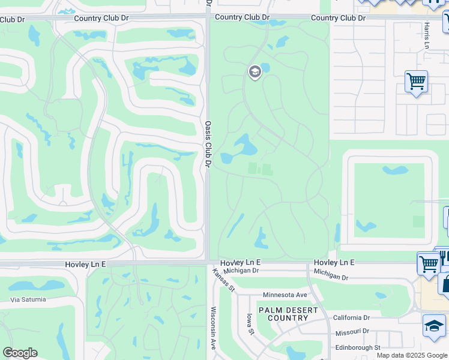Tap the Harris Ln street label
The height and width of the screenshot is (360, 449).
pos(427,35)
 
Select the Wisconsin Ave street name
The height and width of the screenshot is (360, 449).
pos(213,329)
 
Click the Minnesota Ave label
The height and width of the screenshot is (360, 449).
pos(285,295)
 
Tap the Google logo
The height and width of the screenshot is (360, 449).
pos(20,353)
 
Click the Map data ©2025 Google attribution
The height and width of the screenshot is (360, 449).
pos(412,355)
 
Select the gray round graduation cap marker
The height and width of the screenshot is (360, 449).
pos(255,73)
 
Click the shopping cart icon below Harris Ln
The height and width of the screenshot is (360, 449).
pos(416,82)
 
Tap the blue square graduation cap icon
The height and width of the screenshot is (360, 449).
pos(434,326)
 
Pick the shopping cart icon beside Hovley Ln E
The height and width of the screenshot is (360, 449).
pos(428,263)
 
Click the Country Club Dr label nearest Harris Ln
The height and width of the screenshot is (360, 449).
pos(338,18)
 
